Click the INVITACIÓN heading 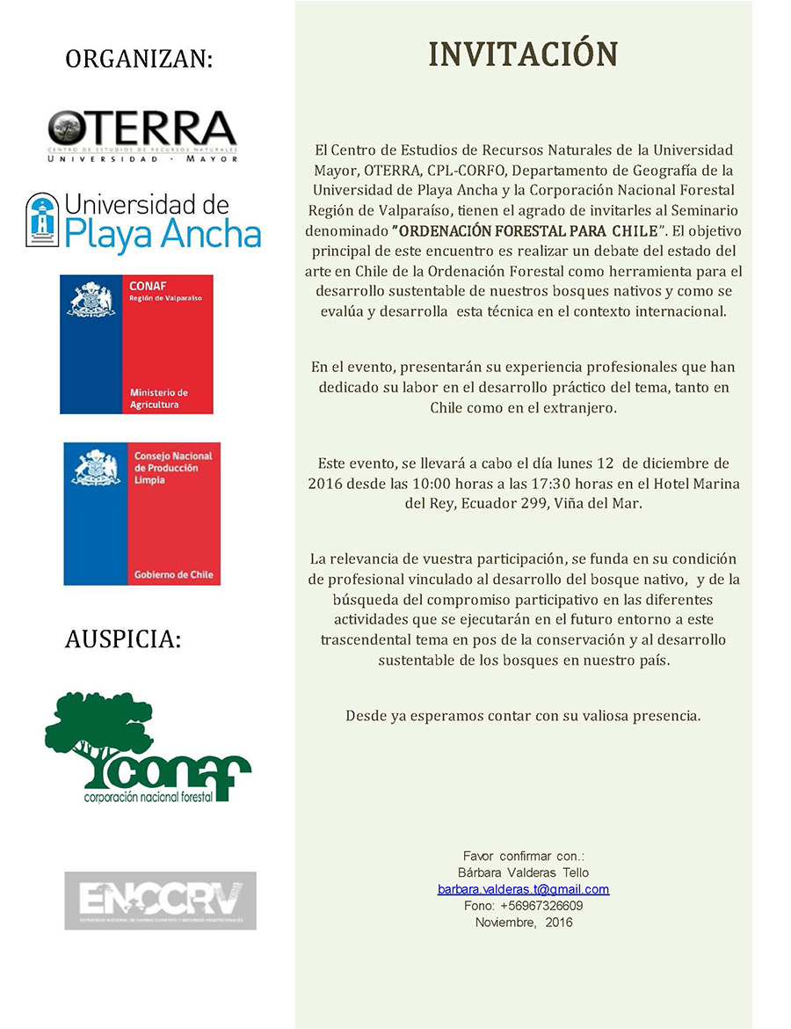pos(523,54)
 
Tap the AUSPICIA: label pos(123,639)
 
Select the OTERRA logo pos(142,135)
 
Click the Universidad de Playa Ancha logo pos(143,223)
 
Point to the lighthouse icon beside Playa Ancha pos(41,220)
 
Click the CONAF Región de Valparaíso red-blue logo pos(136,344)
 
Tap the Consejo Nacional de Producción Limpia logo pos(142,514)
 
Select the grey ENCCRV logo pos(160,901)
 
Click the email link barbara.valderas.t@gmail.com pos(523,889)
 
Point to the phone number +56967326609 pos(541,906)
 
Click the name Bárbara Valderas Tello pos(523,872)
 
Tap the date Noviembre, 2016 pos(523,923)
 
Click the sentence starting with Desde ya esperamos pos(523,716)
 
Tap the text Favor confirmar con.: pos(523,856)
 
